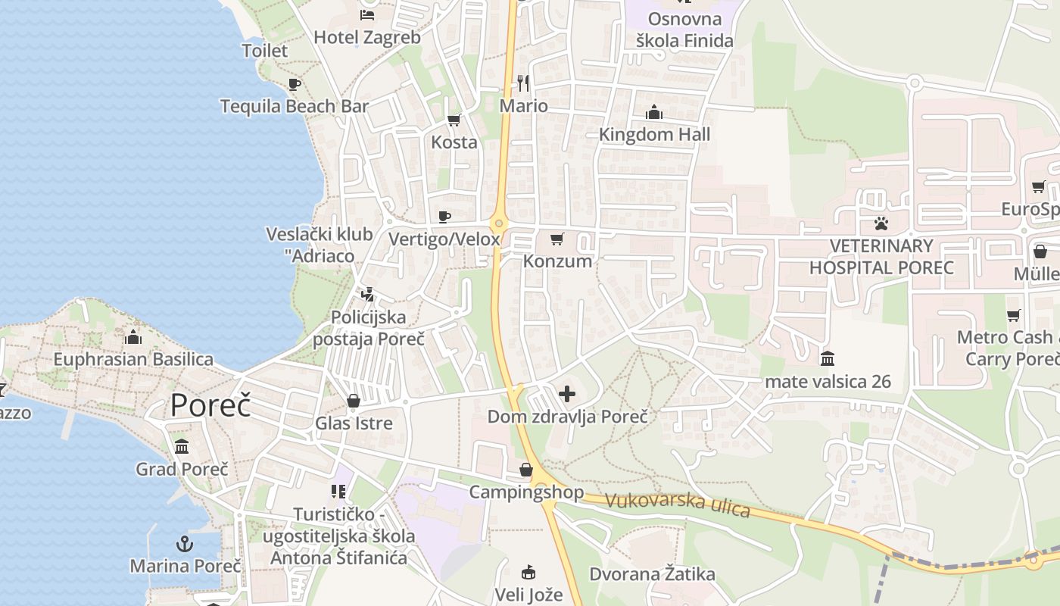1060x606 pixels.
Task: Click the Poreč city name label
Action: pos(210,406)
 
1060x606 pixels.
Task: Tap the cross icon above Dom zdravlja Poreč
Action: pos(567,393)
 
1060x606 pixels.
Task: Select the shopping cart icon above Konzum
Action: pos(557,239)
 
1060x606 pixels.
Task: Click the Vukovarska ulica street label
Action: pos(678,504)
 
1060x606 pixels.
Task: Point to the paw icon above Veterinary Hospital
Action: pos(881,223)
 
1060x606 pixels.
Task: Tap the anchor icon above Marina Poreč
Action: pos(185,543)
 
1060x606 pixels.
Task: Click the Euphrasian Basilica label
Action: pos(133,359)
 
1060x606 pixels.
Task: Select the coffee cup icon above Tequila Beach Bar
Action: pos(294,84)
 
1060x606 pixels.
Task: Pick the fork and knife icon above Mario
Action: pos(523,83)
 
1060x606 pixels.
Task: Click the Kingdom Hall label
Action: pos(654,135)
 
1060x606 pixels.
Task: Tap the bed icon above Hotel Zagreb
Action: pos(367,15)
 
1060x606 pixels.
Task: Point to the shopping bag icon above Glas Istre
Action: pos(354,401)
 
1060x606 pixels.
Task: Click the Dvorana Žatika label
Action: pos(652,574)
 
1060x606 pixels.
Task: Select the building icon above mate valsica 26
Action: pos(828,358)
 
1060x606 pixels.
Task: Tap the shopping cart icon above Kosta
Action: pos(454,120)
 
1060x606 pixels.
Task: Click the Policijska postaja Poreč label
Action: pos(369,328)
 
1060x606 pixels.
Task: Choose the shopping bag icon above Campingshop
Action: pos(526,470)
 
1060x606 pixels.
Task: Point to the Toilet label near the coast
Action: pos(264,51)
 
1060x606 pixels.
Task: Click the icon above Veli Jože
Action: pos(529,572)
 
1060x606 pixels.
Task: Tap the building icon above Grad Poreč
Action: pos(182,447)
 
